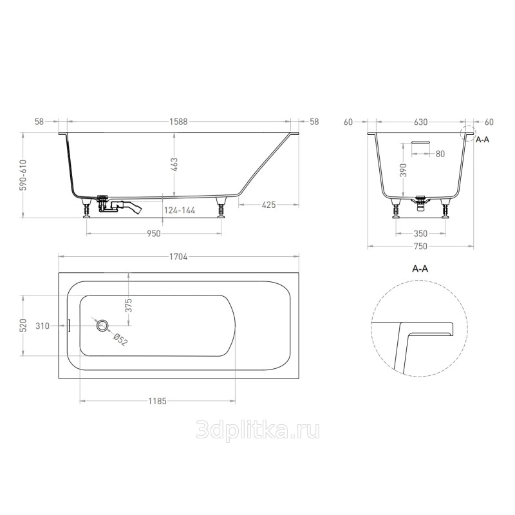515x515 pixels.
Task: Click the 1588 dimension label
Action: click(178, 122)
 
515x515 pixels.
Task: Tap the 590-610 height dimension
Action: click(23, 174)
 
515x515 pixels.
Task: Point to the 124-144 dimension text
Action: click(180, 211)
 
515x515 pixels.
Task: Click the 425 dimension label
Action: click(269, 205)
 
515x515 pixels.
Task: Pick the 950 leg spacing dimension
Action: click(154, 234)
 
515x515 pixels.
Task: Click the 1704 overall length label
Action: click(178, 256)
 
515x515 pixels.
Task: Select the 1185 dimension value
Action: click(157, 401)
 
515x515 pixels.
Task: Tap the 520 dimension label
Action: click(23, 326)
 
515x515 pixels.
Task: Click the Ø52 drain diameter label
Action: click(120, 340)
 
